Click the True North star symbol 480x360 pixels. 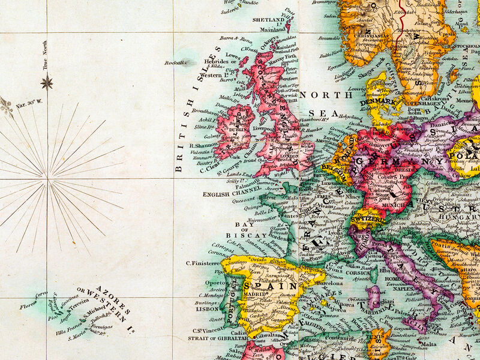[47, 82]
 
